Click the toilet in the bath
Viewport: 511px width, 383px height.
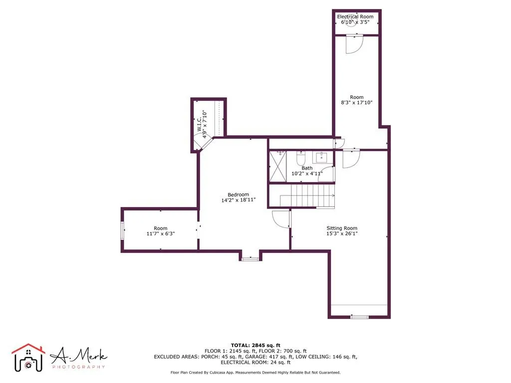coord(301,159)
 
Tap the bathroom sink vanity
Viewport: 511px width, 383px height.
coord(323,158)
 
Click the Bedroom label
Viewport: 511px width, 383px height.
coord(238,194)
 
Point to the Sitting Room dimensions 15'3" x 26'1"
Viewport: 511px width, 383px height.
coord(342,233)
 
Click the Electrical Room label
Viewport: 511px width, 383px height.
coord(355,17)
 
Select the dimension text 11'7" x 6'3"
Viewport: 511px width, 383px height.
coord(161,233)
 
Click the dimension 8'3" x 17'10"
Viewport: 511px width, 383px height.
coord(357,103)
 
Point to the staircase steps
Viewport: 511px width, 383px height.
coord(307,195)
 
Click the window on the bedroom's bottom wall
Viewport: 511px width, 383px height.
coord(250,258)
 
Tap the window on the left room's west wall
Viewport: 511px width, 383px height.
coord(123,231)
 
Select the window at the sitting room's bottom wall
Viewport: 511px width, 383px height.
coord(359,317)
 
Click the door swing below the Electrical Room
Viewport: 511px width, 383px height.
coord(354,44)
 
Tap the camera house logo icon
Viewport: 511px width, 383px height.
coord(28,357)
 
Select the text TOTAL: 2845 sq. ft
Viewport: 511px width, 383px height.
coord(255,345)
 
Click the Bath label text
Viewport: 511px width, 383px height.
coord(307,168)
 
